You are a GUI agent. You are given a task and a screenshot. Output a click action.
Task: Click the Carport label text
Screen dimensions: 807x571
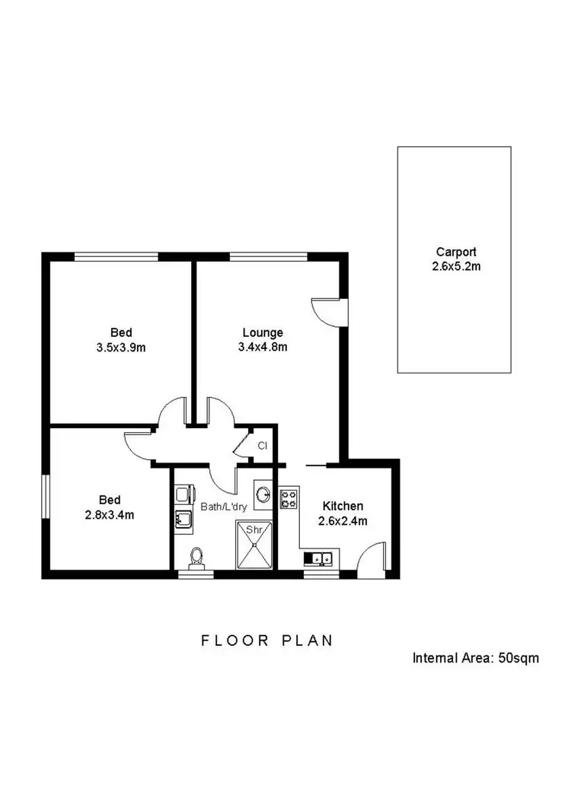pyautogui.click(x=456, y=252)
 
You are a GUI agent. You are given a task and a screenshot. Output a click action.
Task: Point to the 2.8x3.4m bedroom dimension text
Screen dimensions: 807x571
pyautogui.click(x=110, y=514)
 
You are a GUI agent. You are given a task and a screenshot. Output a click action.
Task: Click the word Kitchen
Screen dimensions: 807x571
pyautogui.click(x=343, y=506)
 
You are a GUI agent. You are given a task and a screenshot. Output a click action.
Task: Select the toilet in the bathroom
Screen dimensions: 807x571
pyautogui.click(x=197, y=558)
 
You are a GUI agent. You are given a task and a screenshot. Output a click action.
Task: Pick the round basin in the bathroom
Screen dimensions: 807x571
pyautogui.click(x=263, y=495)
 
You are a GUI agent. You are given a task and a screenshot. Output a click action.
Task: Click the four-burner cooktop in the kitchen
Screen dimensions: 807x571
pyautogui.click(x=289, y=500)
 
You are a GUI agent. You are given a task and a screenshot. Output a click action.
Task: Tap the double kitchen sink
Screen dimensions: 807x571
pyautogui.click(x=323, y=560)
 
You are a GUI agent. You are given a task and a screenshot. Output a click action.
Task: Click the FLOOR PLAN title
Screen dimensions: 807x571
pyautogui.click(x=266, y=640)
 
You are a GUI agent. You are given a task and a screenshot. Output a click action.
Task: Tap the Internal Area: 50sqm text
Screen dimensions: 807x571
pyautogui.click(x=475, y=658)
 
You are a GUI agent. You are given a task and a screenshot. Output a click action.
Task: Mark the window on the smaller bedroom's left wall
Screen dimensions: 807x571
pyautogui.click(x=45, y=499)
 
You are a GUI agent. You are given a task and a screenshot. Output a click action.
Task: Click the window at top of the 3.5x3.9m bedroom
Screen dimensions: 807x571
pyautogui.click(x=116, y=256)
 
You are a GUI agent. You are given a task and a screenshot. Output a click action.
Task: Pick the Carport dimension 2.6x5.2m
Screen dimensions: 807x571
pyautogui.click(x=456, y=266)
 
